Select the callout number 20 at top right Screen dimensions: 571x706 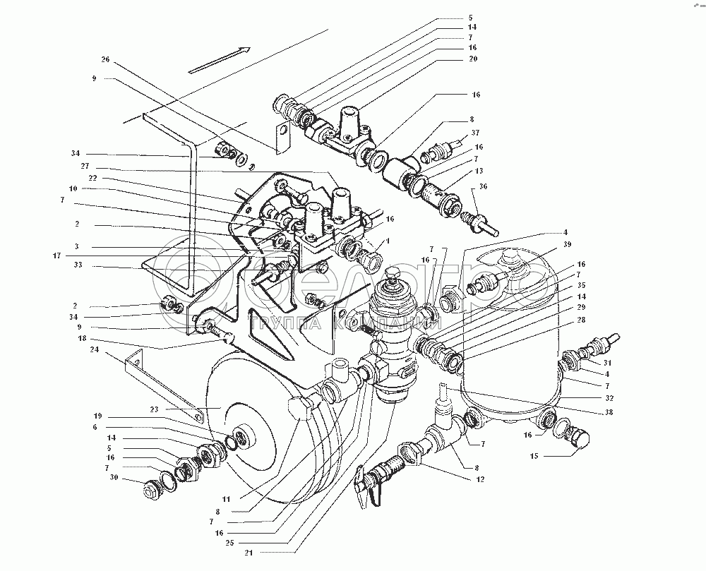(x=472, y=59)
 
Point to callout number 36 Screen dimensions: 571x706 (x=483, y=186)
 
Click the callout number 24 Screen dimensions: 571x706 (x=94, y=349)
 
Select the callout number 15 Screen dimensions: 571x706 (x=533, y=457)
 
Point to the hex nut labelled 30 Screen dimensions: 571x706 (x=151, y=489)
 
